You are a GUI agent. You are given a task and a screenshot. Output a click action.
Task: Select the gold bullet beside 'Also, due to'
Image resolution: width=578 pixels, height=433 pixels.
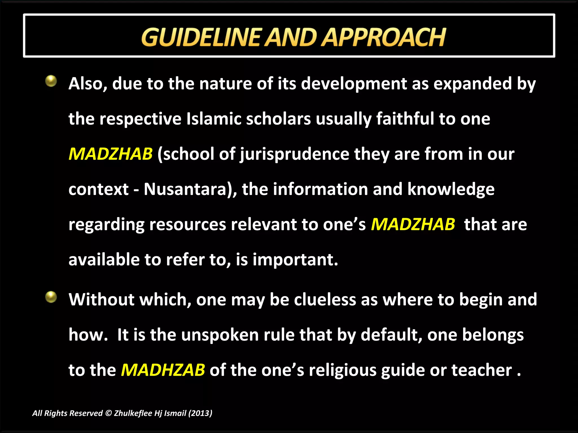(x=51, y=81)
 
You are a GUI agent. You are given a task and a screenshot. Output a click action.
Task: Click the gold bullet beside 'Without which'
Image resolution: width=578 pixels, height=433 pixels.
(x=51, y=297)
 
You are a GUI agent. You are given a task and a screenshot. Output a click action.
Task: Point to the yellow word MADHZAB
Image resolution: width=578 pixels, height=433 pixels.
(x=163, y=370)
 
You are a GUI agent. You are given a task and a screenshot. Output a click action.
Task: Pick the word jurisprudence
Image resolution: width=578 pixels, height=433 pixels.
(x=295, y=154)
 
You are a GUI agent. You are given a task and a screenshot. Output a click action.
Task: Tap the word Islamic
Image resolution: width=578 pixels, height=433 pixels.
(x=214, y=119)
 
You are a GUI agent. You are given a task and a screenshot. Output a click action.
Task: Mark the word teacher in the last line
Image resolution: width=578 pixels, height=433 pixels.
(x=481, y=370)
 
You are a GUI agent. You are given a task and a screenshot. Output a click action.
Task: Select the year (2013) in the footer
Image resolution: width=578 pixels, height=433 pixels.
(x=200, y=413)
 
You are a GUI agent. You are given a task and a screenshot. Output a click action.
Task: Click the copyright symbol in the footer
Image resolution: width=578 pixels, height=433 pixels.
(x=108, y=413)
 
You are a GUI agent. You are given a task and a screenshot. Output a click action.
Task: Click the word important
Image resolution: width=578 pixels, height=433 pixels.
(x=295, y=260)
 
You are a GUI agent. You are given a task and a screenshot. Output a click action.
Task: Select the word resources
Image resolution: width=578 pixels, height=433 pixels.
(x=188, y=225)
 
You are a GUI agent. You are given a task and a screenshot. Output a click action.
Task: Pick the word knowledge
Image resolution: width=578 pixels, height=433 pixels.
(x=451, y=189)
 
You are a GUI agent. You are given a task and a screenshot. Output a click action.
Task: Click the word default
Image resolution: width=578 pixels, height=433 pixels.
(x=391, y=335)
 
